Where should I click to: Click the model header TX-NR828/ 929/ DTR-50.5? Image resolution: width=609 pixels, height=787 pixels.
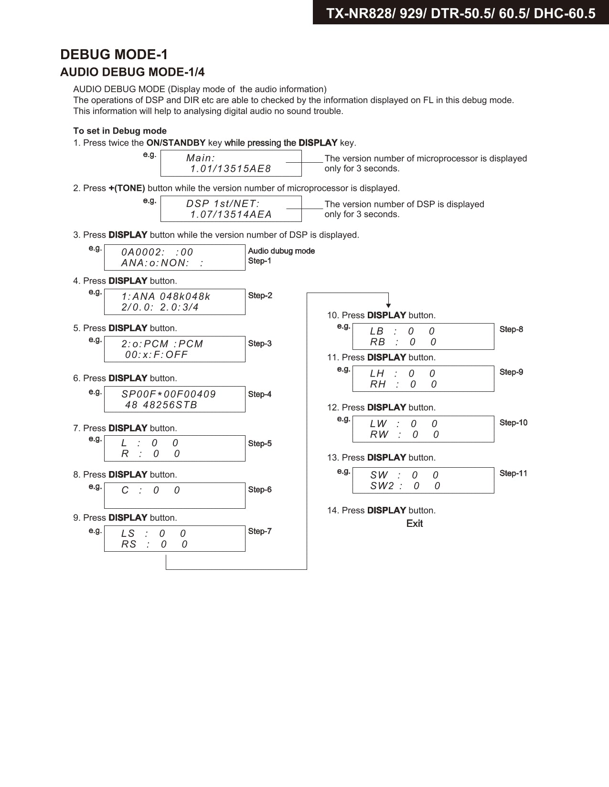[460, 13]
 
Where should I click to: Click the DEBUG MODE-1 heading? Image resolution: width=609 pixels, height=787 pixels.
[114, 54]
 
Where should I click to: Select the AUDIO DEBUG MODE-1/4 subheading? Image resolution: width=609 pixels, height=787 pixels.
[132, 72]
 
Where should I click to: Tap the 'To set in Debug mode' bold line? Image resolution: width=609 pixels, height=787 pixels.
[120, 131]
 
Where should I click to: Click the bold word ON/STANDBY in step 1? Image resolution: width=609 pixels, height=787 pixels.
[176, 143]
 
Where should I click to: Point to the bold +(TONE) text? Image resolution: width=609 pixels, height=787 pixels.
[127, 188]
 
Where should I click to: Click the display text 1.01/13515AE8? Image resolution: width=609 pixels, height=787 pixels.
[231, 168]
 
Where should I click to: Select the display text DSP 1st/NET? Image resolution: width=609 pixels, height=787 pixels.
[223, 203]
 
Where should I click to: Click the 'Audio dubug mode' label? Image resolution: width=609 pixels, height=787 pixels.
[281, 251]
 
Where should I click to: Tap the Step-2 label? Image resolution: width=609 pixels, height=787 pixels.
[260, 295]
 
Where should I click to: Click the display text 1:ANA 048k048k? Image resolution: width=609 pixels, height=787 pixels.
[166, 296]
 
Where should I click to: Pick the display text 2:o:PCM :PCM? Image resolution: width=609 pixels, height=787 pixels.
[162, 344]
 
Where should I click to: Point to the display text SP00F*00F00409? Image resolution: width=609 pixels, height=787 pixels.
[169, 394]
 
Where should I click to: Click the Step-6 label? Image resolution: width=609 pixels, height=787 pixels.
[260, 490]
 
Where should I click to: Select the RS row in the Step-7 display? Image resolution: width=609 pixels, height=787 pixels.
[154, 545]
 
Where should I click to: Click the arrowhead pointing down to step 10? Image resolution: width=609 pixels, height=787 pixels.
[388, 305]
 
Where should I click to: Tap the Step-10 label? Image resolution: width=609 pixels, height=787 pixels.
[513, 423]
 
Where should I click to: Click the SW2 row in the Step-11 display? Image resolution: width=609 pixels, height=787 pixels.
[405, 486]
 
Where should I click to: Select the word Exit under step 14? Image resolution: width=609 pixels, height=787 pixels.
[414, 524]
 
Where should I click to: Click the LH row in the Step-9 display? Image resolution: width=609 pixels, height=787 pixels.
[402, 374]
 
